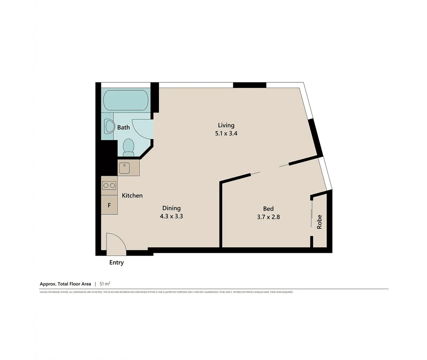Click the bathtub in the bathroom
(125, 100)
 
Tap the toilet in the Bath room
(128, 147)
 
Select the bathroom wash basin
(108, 127)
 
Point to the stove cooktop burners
(109, 186)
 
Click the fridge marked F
(109, 205)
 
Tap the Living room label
(226, 125)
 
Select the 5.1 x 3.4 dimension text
(226, 134)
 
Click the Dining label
(171, 208)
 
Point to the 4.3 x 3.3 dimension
(171, 216)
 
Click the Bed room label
(268, 208)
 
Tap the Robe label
(319, 222)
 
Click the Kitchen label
(132, 196)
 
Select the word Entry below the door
(116, 263)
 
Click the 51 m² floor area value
(105, 284)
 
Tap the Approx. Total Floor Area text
(65, 284)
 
